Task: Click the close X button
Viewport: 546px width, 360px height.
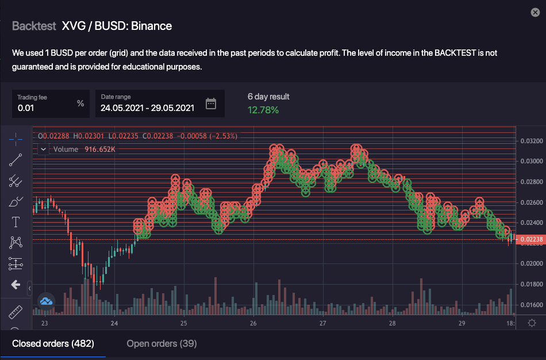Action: tap(535, 12)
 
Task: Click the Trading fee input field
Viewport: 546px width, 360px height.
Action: tap(46, 107)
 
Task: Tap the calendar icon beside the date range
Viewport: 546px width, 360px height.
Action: tap(211, 104)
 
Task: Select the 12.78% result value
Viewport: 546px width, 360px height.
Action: tap(263, 110)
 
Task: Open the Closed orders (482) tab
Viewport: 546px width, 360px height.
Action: tap(53, 344)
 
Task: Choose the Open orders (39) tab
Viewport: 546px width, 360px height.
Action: tap(162, 344)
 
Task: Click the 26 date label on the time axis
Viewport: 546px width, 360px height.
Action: tap(253, 324)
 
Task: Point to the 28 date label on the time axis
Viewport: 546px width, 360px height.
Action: tap(392, 324)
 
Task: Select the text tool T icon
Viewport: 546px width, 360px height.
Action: tap(16, 222)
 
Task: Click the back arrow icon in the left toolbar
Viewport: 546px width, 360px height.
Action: tap(16, 285)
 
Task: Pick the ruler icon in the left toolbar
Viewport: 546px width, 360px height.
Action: tap(16, 312)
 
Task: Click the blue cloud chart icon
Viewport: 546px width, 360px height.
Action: tap(46, 300)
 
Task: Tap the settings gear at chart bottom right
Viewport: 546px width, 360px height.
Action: tap(532, 323)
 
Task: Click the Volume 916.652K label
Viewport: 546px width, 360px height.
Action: tap(84, 150)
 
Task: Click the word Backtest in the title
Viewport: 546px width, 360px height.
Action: tap(34, 26)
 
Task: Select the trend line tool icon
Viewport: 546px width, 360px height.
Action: tap(16, 160)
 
